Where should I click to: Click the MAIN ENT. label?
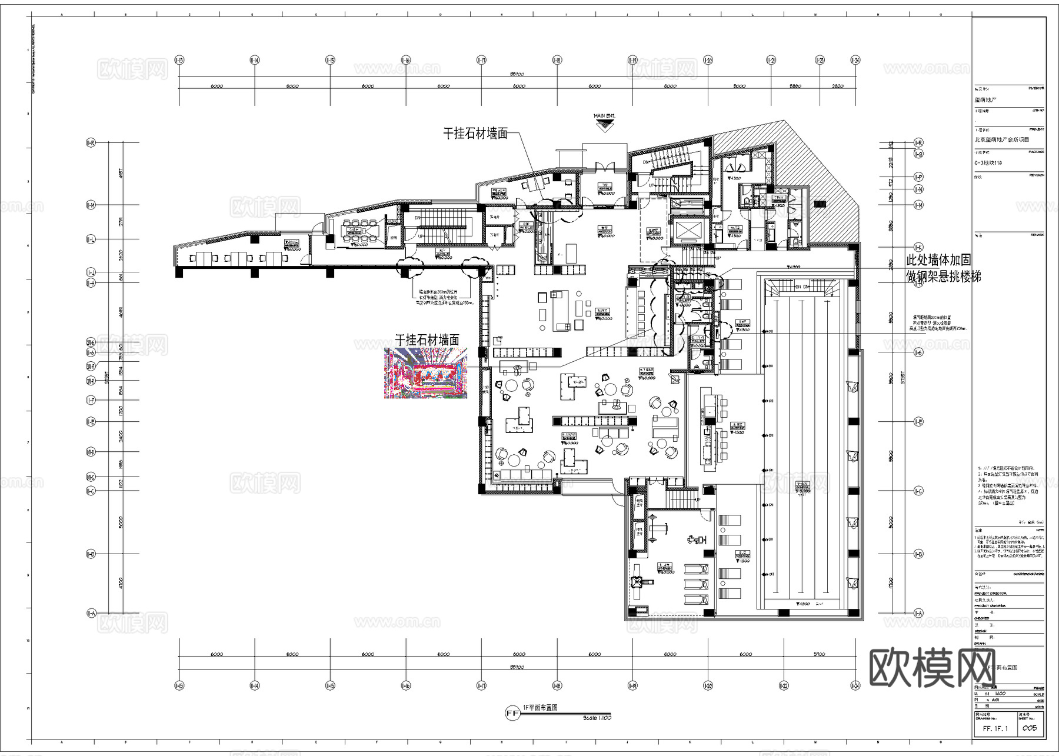click(604, 116)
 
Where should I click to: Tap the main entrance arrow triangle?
click(605, 126)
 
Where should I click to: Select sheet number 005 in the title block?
click(1029, 728)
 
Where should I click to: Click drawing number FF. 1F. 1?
click(995, 728)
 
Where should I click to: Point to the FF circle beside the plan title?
click(512, 714)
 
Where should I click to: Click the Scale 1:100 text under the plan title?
click(597, 718)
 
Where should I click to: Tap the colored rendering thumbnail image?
click(426, 373)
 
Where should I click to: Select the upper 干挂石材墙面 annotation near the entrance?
click(475, 134)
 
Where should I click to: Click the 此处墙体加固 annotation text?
click(938, 260)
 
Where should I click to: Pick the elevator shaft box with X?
click(687, 231)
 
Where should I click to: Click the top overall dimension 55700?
click(517, 74)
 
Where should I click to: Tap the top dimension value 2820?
click(838, 86)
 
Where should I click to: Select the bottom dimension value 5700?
click(819, 654)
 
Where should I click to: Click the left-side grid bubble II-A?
click(91, 614)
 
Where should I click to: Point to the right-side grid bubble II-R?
click(918, 143)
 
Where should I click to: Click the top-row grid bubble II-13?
click(179, 60)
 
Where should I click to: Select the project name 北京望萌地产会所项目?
click(1002, 140)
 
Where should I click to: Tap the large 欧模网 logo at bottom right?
click(932, 668)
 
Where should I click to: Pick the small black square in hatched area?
click(821, 204)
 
